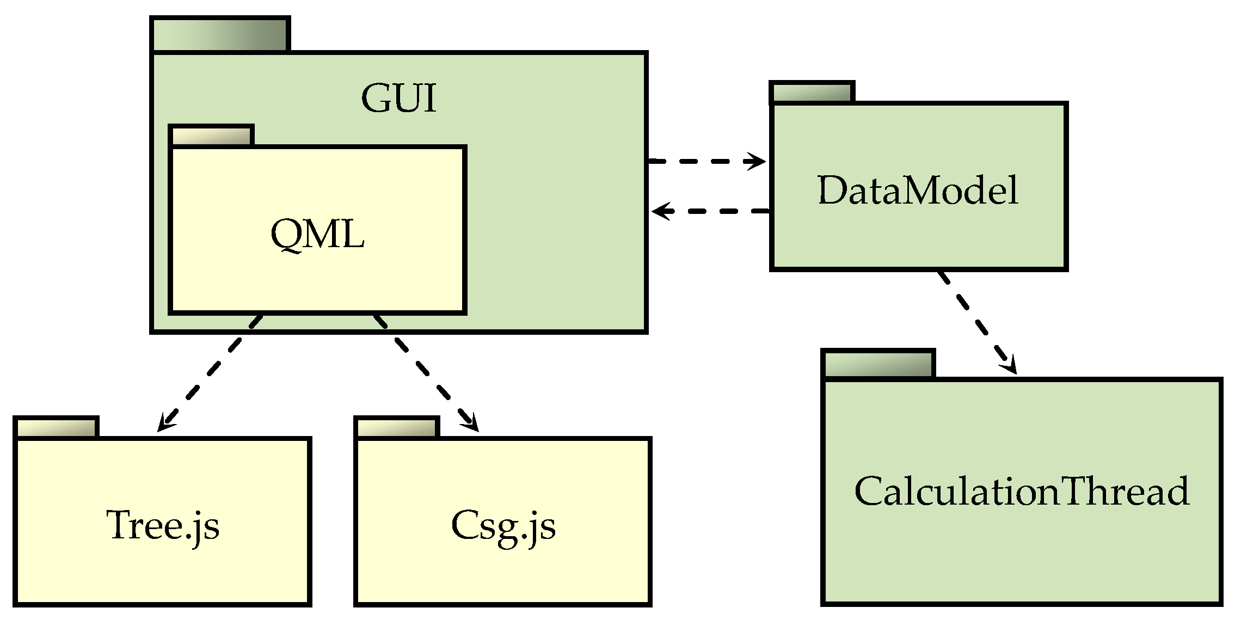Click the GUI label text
[398, 99]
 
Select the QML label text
[317, 235]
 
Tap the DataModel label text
[918, 191]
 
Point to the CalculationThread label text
[1022, 491]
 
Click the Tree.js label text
[163, 526]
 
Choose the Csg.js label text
[503, 526]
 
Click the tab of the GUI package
[220, 35]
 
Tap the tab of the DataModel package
[812, 93]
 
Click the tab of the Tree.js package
[56, 428]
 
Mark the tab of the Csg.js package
[397, 428]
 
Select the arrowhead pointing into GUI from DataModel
[660, 211]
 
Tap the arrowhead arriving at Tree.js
[164, 424]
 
